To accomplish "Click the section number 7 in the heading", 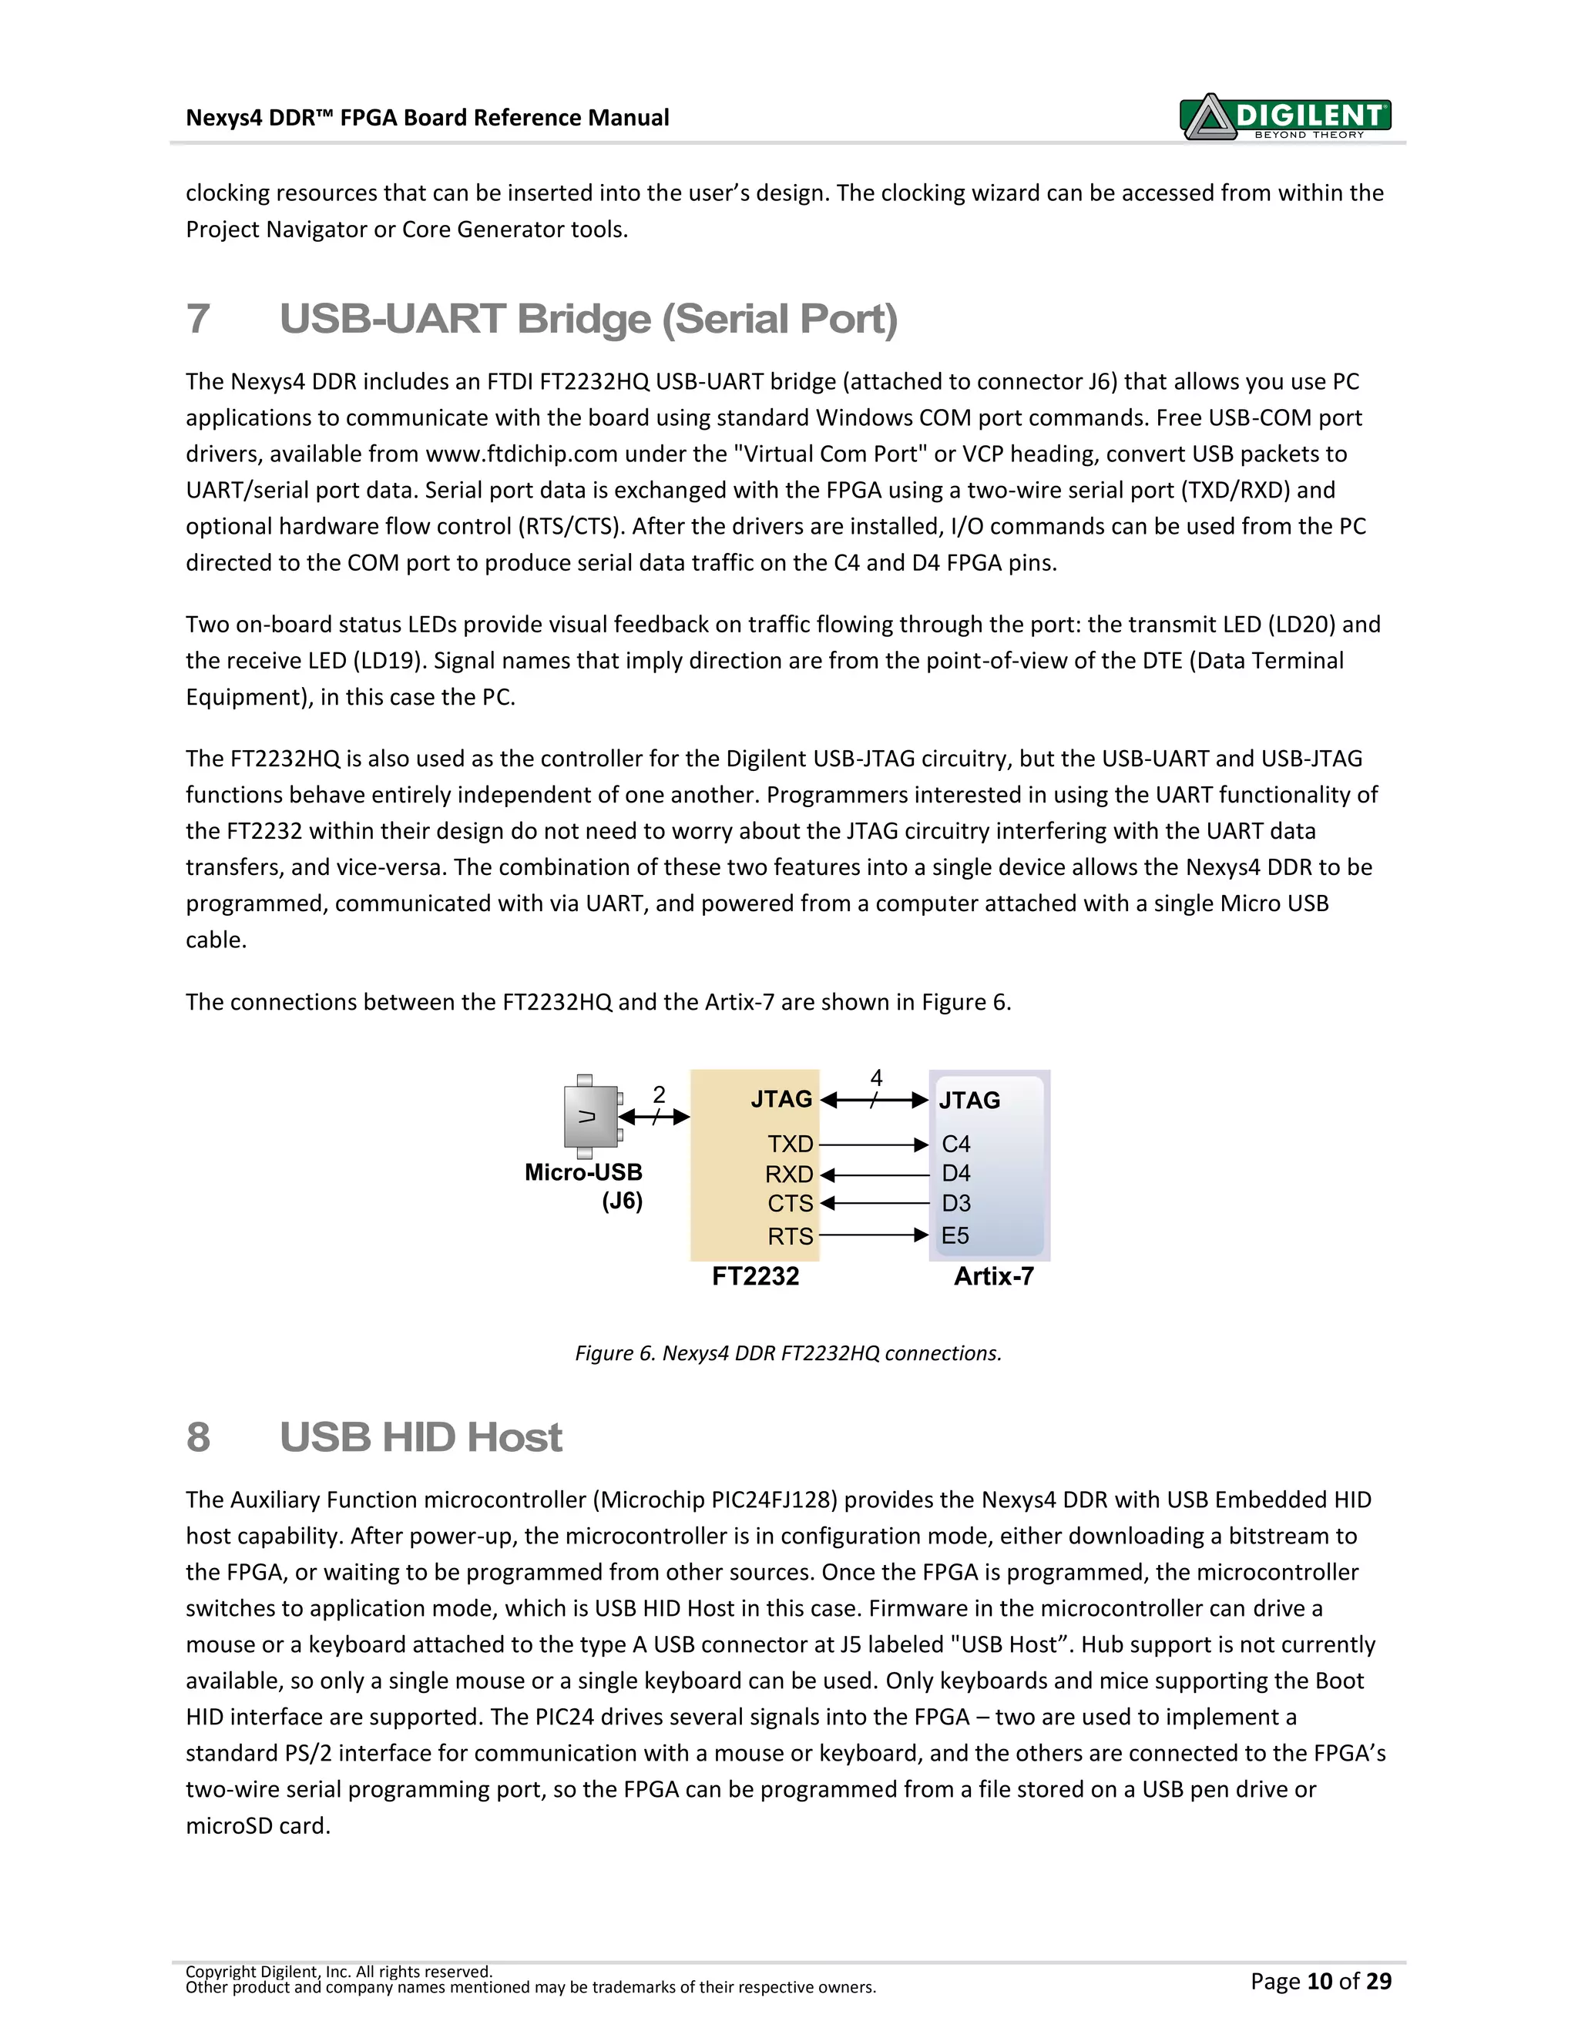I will click(x=198, y=319).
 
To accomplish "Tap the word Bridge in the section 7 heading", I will click(x=584, y=319).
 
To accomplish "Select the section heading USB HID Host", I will click(x=420, y=1437).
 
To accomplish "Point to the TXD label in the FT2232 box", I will click(x=790, y=1144).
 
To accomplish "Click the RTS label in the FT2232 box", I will click(x=790, y=1236).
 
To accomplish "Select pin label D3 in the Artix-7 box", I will click(x=955, y=1204).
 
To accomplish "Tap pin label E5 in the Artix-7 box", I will click(x=955, y=1236).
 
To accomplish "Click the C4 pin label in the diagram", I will click(x=955, y=1144).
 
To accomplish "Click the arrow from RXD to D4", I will click(x=874, y=1175).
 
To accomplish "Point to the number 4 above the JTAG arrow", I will click(x=876, y=1077).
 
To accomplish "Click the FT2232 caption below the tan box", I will click(x=755, y=1276).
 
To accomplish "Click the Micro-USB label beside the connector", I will click(x=583, y=1173).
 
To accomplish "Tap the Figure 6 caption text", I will click(x=788, y=1353).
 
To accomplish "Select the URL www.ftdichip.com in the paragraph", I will click(x=522, y=454).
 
